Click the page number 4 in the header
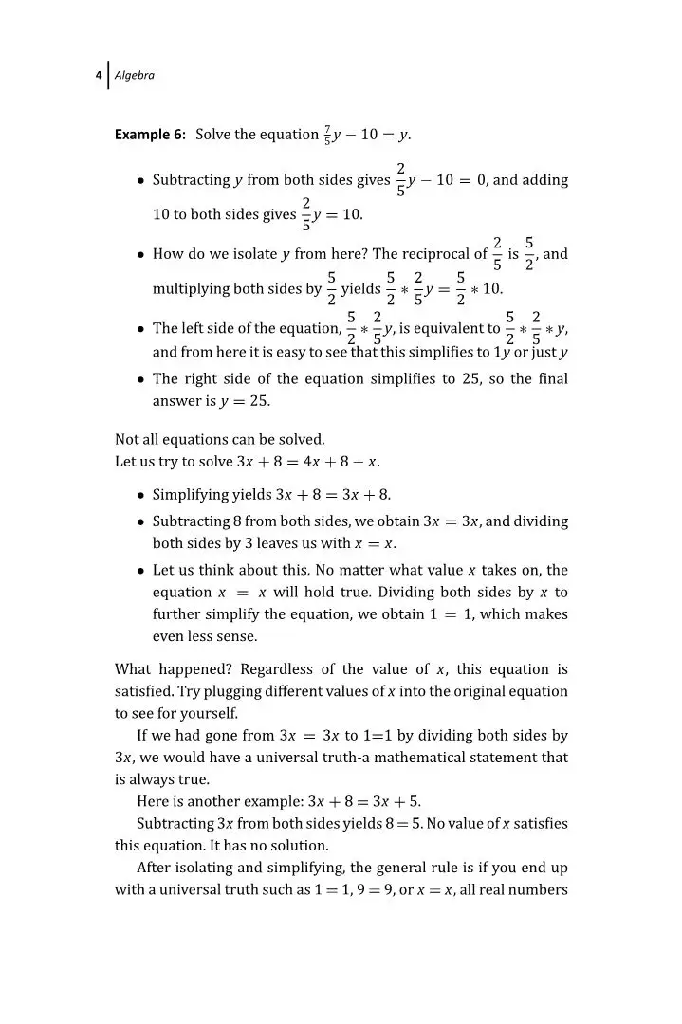(99, 76)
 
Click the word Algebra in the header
(134, 76)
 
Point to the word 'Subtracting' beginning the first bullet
(191, 180)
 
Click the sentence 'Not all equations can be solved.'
(220, 439)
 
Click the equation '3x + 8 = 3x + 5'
(351, 801)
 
